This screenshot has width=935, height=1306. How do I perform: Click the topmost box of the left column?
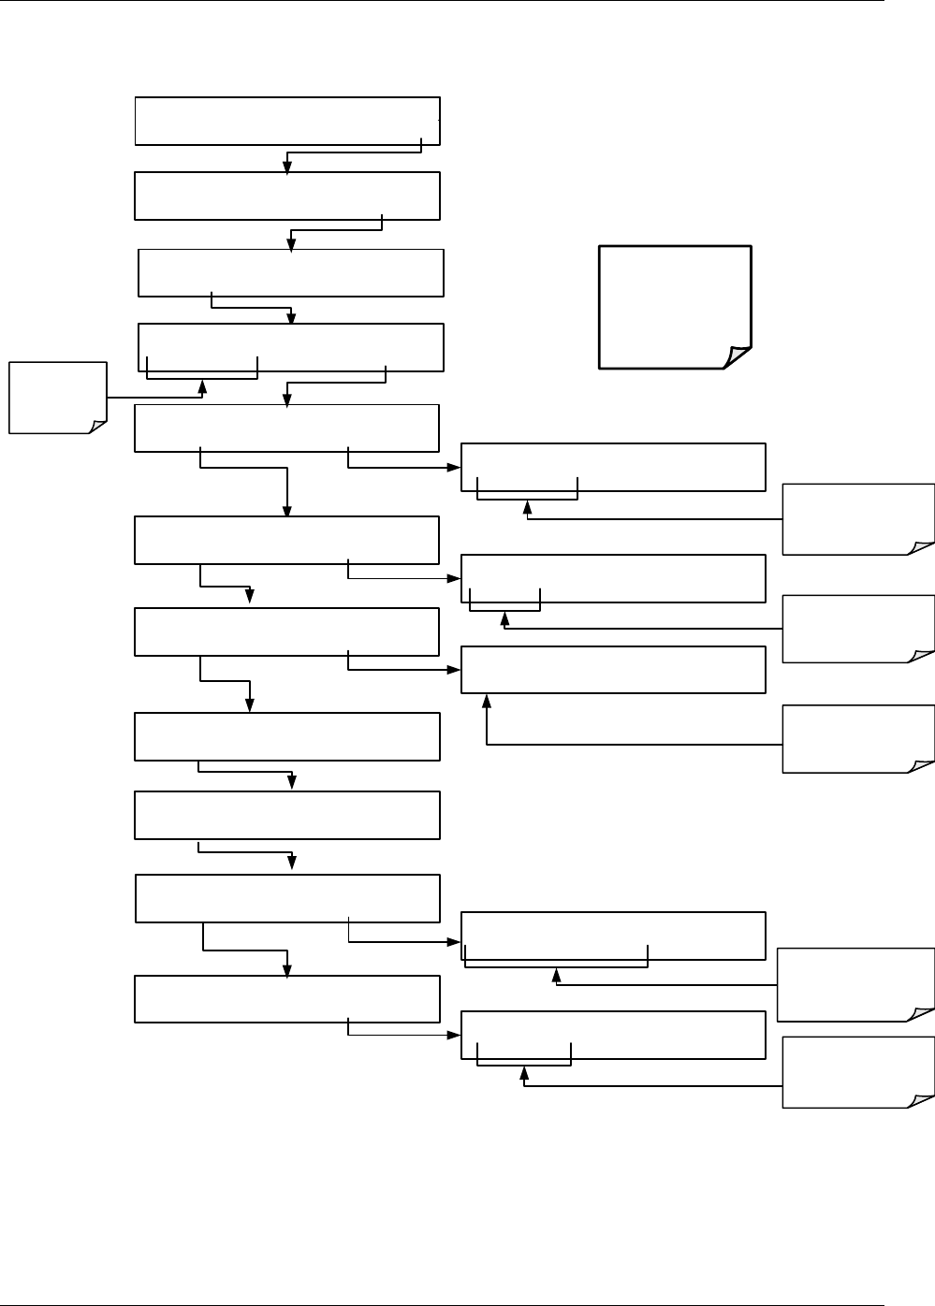(x=287, y=120)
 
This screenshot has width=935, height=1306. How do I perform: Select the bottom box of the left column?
(x=287, y=998)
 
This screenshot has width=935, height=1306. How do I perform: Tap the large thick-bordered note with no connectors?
(x=675, y=307)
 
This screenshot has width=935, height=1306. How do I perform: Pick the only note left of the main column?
(x=57, y=398)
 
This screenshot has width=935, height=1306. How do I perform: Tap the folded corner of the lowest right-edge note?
(x=921, y=1096)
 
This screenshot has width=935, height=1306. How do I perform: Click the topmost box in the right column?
(x=613, y=467)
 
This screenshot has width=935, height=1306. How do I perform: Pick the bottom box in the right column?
(x=613, y=1035)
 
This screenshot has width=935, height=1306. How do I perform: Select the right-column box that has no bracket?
(x=613, y=669)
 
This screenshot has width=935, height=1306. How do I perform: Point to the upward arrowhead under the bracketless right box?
(x=487, y=700)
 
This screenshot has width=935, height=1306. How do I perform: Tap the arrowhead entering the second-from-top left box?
(x=287, y=167)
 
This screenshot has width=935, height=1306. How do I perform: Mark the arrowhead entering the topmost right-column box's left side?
(x=455, y=466)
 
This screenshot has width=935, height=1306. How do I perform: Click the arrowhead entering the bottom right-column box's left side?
(x=455, y=1035)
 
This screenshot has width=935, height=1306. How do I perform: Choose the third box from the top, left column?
(x=290, y=272)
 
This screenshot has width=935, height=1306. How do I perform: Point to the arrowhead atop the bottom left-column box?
(x=287, y=970)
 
